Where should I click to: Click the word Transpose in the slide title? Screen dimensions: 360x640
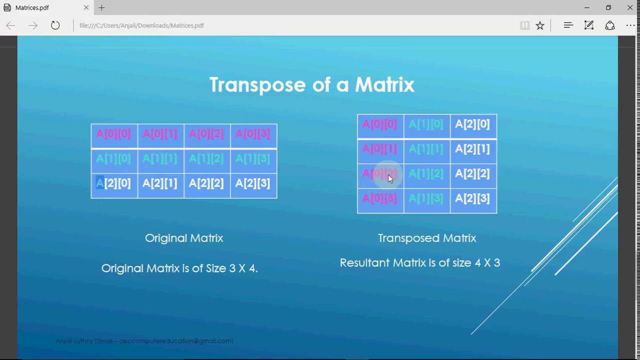pyautogui.click(x=257, y=85)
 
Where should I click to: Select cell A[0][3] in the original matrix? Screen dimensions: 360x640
pyautogui.click(x=253, y=134)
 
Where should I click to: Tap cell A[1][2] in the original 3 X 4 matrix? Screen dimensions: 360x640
pyautogui.click(x=206, y=159)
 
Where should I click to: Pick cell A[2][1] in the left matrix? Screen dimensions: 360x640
pyautogui.click(x=160, y=183)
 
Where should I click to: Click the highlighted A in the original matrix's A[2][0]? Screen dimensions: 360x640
pyautogui.click(x=99, y=183)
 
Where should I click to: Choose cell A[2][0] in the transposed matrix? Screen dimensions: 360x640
pyautogui.click(x=472, y=124)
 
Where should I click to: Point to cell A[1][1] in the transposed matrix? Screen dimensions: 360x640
pyautogui.click(x=426, y=149)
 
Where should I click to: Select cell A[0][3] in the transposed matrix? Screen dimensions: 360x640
pyautogui.click(x=379, y=198)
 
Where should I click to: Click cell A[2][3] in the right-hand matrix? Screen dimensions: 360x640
pyautogui.click(x=472, y=198)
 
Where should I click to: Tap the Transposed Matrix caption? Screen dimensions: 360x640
pyautogui.click(x=427, y=238)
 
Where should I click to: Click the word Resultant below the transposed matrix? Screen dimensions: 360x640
pyautogui.click(x=364, y=263)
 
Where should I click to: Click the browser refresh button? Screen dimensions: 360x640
pyautogui.click(x=55, y=25)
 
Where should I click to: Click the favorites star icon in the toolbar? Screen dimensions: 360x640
pyautogui.click(x=540, y=25)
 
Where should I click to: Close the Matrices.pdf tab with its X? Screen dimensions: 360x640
pyautogui.click(x=86, y=8)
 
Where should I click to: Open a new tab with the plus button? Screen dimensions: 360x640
pyautogui.click(x=101, y=8)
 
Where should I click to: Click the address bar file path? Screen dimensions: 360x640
pyautogui.click(x=141, y=25)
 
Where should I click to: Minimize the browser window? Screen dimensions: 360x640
pyautogui.click(x=587, y=8)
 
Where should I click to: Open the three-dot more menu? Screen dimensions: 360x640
pyautogui.click(x=630, y=25)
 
